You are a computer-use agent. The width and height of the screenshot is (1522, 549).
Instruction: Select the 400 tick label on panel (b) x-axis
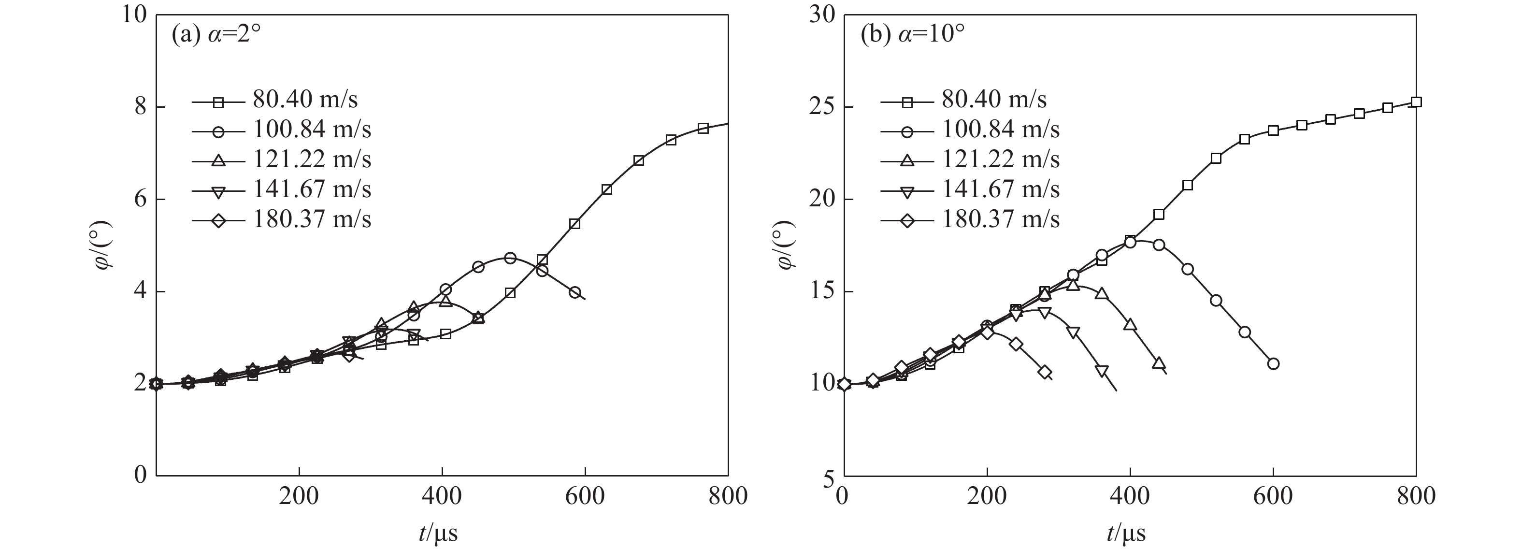pos(1130,496)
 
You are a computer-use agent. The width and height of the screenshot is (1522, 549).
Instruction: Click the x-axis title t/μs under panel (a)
pos(438,534)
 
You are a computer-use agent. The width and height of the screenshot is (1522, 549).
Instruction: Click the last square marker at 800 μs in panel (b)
pos(1416,102)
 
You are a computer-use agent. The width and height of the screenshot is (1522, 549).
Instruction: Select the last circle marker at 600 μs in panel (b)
pos(1273,363)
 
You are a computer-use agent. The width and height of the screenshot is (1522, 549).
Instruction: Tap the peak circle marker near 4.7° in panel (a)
pos(511,258)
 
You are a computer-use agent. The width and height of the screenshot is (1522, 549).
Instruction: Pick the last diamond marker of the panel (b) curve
pos(1045,372)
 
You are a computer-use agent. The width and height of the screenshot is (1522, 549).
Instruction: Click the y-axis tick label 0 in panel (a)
pos(141,475)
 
